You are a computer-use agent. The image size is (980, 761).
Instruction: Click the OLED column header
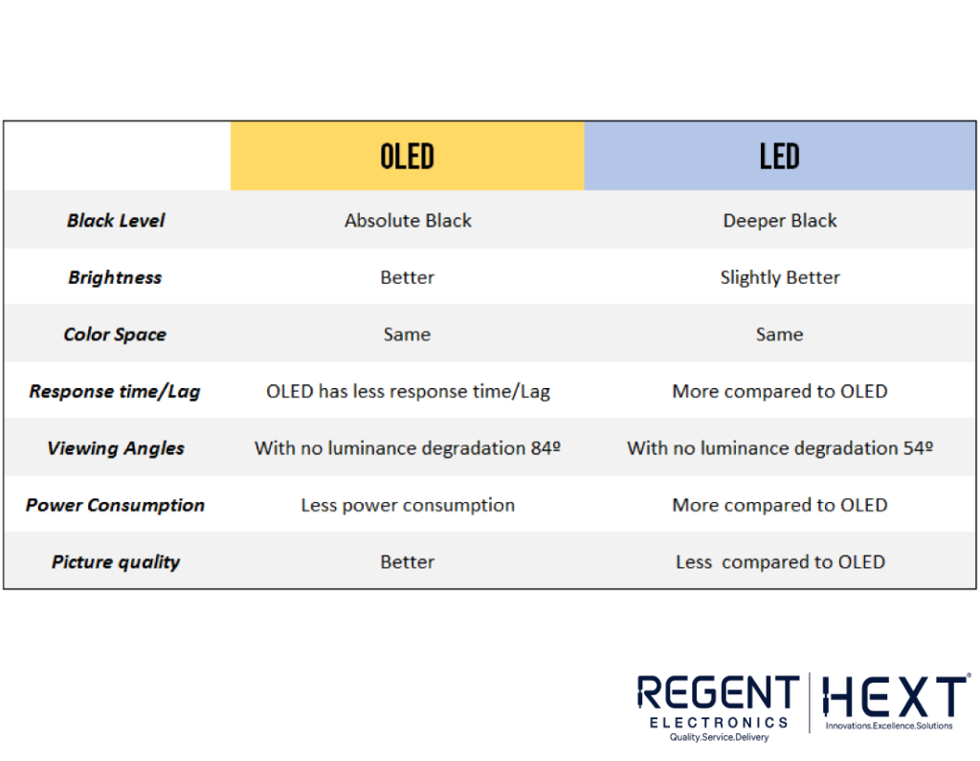407,156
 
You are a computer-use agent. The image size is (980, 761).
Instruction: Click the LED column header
779,156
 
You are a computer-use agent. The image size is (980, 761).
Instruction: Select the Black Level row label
116,221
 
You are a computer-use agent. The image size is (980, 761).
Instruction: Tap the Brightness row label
115,277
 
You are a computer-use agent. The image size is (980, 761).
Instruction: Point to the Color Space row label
115,335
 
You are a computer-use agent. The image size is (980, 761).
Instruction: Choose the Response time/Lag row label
115,391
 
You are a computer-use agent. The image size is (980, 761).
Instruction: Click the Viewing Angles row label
116,448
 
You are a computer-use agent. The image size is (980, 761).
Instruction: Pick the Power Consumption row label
115,505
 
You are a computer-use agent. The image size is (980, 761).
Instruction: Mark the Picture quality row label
116,562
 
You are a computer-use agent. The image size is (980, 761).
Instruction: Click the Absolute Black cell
408,221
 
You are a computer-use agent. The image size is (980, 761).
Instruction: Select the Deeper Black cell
779,221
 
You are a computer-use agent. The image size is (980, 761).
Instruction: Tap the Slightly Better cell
779,277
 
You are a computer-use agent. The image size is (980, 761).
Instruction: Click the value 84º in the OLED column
546,448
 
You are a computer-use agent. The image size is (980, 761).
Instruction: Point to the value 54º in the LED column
918,448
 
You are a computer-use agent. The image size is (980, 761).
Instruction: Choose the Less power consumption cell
408,505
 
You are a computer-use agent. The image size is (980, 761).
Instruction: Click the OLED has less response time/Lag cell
408,391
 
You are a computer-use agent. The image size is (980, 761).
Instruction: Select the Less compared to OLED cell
780,562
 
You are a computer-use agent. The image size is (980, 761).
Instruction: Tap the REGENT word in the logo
718,693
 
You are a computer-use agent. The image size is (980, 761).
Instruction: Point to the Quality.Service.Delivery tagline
719,737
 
